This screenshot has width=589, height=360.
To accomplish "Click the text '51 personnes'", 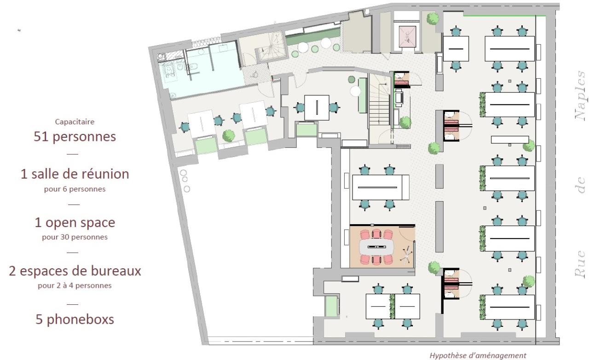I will point(75,137).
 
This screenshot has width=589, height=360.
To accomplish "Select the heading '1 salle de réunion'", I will point(75,174).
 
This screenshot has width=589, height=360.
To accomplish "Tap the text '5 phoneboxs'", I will point(75,319).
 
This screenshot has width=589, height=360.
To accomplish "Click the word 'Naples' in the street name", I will point(581,95).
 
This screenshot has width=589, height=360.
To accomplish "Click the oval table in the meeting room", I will point(379,247).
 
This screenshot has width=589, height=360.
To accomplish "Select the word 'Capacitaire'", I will point(75,122).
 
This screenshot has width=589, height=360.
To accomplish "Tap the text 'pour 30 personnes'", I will point(75,237).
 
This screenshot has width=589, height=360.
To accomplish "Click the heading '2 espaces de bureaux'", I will point(75,271).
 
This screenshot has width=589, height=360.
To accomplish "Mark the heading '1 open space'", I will point(75,222).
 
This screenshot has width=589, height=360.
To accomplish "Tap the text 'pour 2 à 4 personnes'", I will point(75,285).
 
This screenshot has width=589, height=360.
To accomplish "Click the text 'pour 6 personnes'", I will point(75,189).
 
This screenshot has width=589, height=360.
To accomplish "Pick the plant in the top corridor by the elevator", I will point(432,19).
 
